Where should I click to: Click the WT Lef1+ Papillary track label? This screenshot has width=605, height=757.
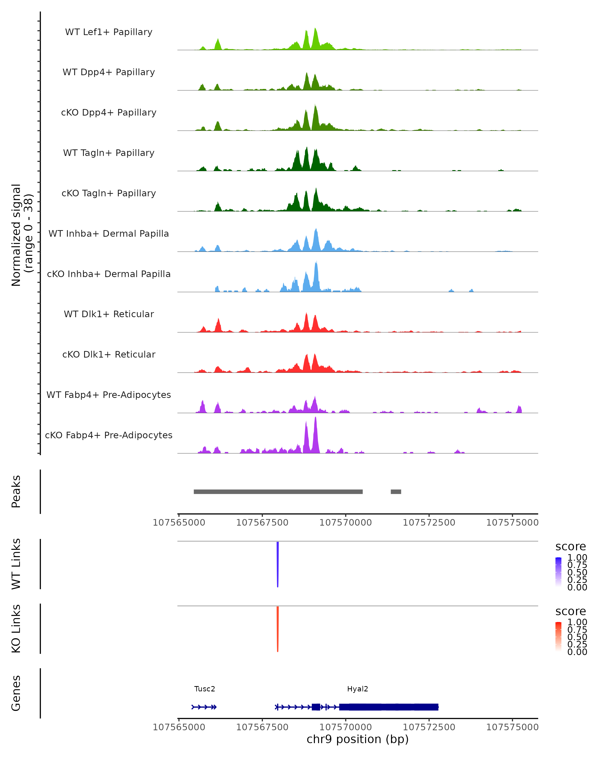(109, 32)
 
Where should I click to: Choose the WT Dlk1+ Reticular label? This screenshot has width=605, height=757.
(109, 314)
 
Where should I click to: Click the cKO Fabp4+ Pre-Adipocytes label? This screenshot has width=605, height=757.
(109, 435)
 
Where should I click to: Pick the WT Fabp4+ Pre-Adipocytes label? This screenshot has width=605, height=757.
(109, 395)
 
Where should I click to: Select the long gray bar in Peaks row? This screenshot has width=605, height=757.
(278, 492)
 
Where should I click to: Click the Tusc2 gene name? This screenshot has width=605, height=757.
(204, 689)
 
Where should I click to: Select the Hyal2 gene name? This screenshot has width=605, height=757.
(357, 689)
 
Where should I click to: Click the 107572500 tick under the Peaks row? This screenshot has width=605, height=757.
(429, 523)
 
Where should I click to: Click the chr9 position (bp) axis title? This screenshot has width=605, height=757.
(357, 739)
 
